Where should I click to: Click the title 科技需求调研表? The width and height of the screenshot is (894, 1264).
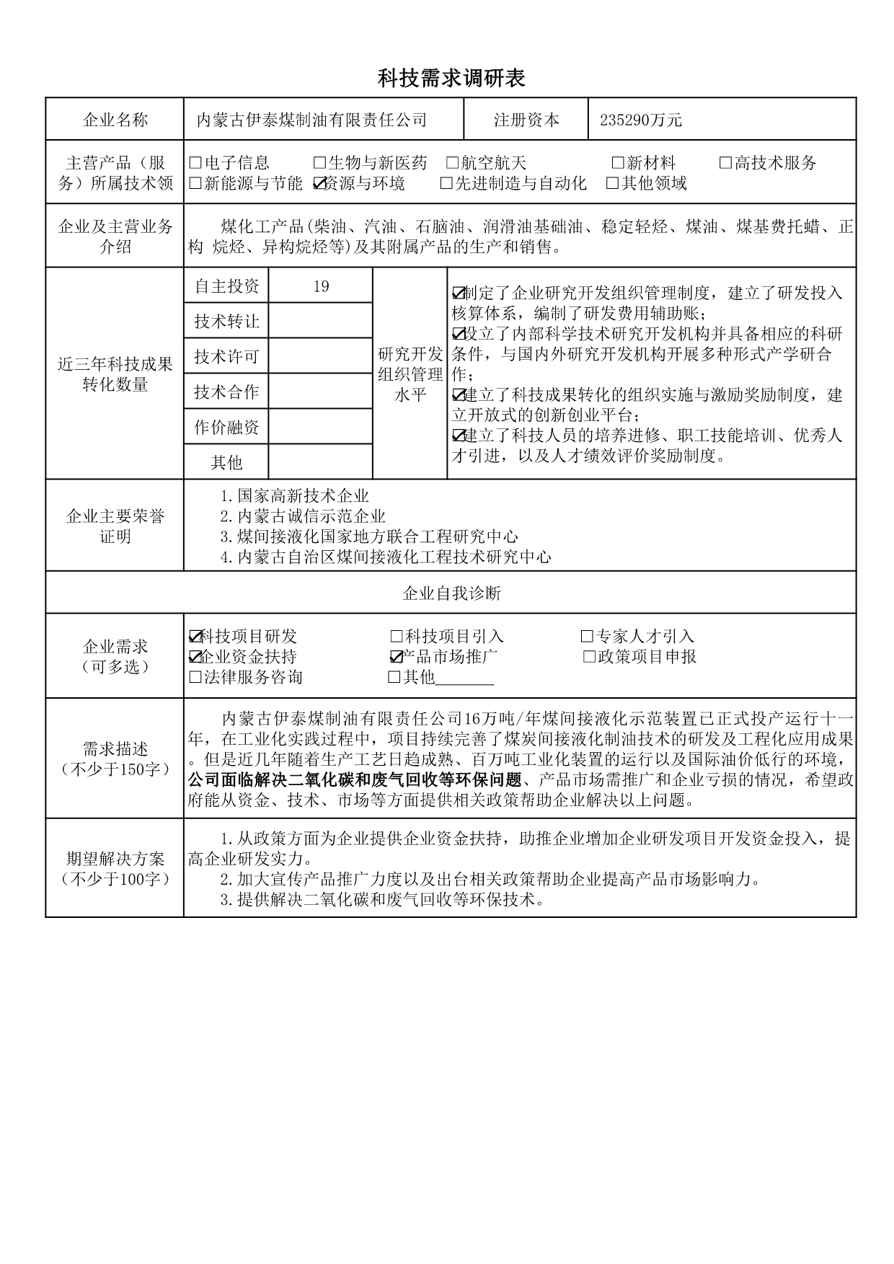tap(451, 78)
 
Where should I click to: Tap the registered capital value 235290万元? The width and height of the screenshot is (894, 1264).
tap(640, 120)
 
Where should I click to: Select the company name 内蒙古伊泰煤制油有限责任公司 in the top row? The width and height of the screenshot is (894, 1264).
tap(312, 120)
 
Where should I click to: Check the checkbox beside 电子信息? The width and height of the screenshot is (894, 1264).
tap(195, 163)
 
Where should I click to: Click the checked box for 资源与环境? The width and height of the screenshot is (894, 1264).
tap(320, 184)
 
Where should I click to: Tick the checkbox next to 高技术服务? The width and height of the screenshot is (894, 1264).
tap(725, 163)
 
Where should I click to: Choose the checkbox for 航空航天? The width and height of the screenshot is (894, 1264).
tap(453, 163)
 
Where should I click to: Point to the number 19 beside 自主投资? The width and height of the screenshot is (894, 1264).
tap(321, 286)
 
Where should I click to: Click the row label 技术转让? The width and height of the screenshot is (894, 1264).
tap(226, 322)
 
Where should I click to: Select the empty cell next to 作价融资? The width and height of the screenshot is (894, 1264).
tap(321, 428)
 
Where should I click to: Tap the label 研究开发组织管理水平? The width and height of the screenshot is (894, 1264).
tap(410, 374)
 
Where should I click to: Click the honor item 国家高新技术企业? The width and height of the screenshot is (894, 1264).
tap(303, 496)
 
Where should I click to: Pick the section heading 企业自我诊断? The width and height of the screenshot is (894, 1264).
tap(451, 593)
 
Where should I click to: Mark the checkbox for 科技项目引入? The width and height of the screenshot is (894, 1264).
tap(396, 637)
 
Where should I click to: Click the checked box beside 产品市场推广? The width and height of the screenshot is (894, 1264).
tap(395, 657)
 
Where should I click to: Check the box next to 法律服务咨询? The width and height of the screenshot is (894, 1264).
tap(195, 677)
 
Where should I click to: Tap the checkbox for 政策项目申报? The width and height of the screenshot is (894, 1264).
tap(589, 657)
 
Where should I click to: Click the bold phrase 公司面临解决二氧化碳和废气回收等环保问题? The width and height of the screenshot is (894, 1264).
tap(354, 780)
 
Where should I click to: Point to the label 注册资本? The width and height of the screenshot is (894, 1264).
tap(526, 120)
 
